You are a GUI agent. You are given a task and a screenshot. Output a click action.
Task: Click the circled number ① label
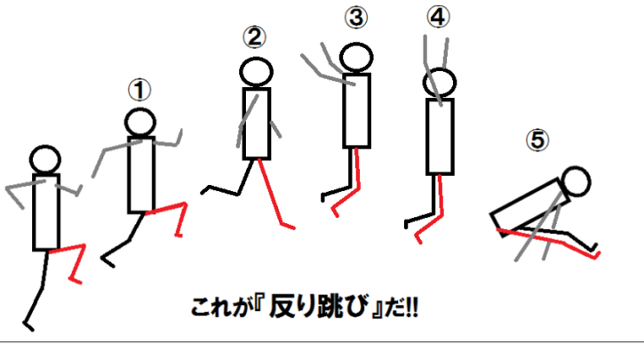coord(139,90)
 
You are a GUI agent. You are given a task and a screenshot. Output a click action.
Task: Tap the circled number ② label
coord(254,37)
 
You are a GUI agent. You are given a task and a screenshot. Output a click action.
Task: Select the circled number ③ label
coord(356,18)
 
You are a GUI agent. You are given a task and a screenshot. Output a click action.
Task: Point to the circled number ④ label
coord(438,17)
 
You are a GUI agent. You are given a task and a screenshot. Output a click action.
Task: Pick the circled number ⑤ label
coord(537,140)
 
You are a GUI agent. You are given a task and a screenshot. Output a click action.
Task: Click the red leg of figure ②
coord(271,193)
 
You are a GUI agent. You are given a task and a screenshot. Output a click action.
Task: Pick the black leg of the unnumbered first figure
coord(41,288)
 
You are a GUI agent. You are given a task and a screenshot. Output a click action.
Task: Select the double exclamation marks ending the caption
coord(411,308)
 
